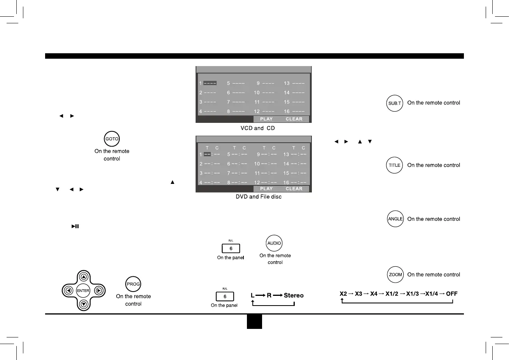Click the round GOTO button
coord(112,139)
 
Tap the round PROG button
coord(133,284)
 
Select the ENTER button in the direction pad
coord(83,290)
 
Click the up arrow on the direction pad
coord(84,277)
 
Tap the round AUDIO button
coord(274,243)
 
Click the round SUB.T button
coord(395,103)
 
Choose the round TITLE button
coord(395,165)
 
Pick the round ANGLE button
coord(395,219)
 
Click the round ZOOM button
coord(395,274)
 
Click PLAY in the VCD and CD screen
coord(266,119)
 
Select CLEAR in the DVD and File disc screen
coord(294,189)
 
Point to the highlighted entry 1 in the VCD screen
coord(210,83)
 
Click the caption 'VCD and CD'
coord(258,128)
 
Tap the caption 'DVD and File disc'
coord(259,197)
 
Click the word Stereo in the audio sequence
coord(294,295)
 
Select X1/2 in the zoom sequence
coord(392,294)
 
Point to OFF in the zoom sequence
coord(452,294)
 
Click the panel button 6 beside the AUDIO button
coord(231,248)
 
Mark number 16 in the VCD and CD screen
coord(287,112)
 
